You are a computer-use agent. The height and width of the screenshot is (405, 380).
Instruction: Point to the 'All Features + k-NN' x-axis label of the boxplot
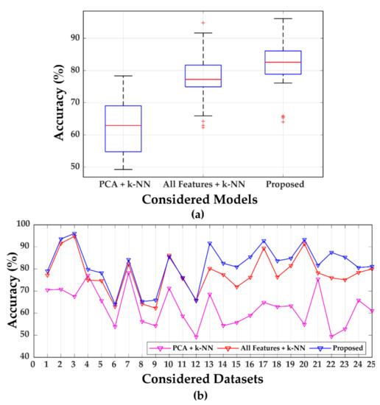click(203, 183)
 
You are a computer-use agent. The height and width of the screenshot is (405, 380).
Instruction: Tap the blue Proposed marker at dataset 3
click(74, 234)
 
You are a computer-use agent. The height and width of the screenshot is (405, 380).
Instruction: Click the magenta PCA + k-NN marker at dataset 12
click(196, 337)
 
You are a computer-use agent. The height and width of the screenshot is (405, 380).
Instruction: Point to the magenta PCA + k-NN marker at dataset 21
click(317, 280)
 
